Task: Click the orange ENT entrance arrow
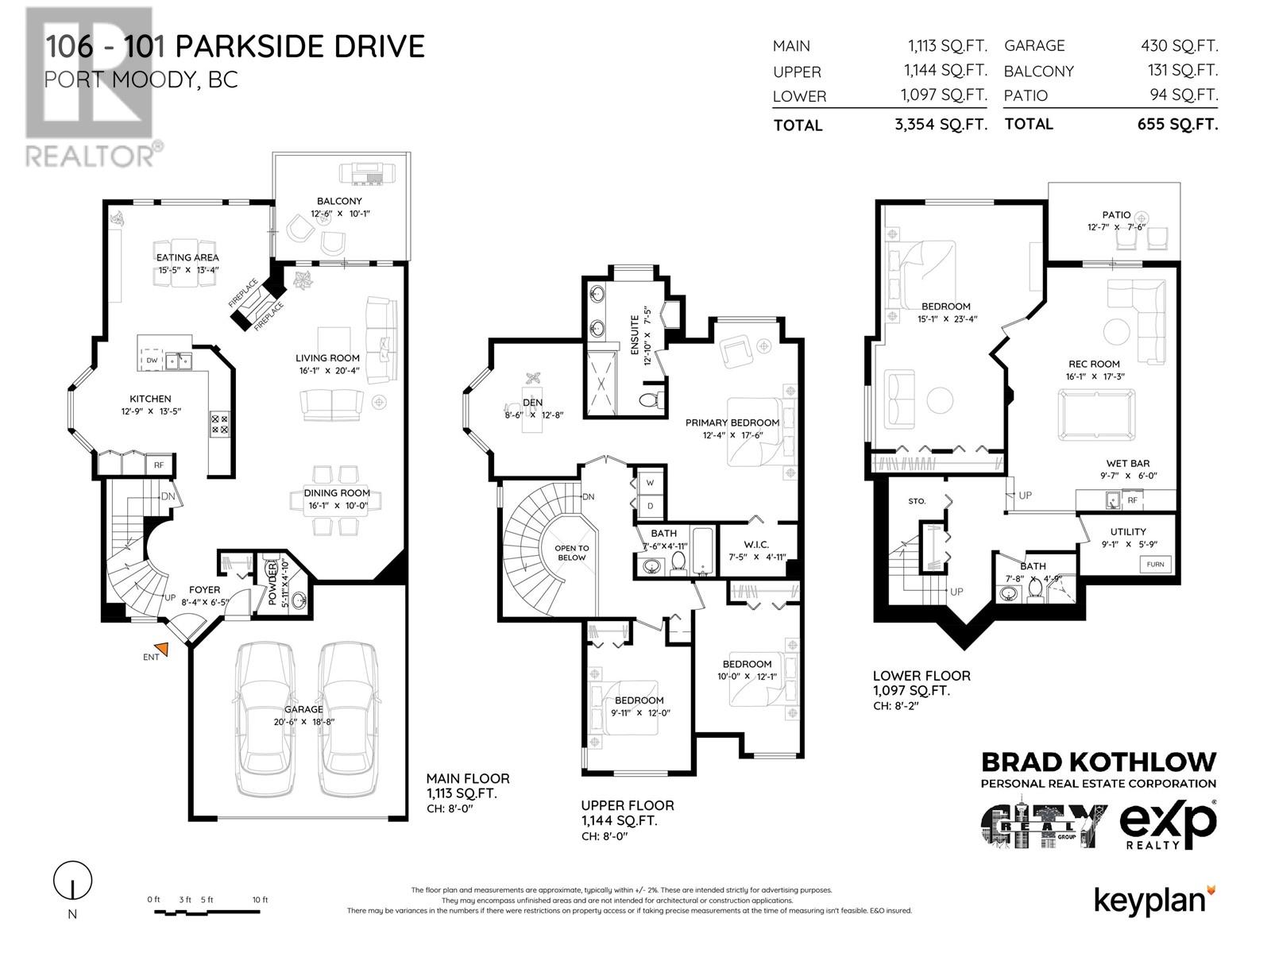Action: point(162,649)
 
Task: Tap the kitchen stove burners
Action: point(219,424)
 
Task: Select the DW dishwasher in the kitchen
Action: point(152,360)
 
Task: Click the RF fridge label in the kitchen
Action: point(159,465)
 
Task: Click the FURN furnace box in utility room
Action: point(1155,564)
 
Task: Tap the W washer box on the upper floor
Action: point(650,483)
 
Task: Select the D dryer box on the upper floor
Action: point(650,506)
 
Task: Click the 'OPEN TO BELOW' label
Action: point(571,553)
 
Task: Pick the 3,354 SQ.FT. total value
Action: point(941,125)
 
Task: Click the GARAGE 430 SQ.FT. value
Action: point(1180,45)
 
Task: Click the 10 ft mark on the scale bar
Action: point(260,900)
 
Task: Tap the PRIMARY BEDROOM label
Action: point(732,422)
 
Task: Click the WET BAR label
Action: point(1127,463)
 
